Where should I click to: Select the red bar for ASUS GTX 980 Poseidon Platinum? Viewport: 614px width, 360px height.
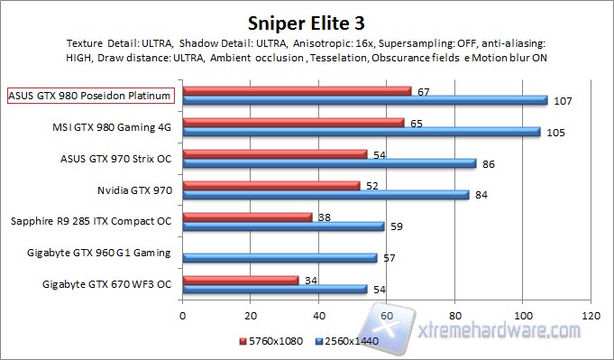(297, 90)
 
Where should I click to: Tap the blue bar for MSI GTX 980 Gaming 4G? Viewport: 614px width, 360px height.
(361, 132)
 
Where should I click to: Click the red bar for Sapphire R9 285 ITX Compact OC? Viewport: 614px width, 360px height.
(247, 217)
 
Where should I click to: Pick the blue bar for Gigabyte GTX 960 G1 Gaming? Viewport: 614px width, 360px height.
(280, 258)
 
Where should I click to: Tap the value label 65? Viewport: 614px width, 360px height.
(416, 122)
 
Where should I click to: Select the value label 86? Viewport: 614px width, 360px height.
(488, 163)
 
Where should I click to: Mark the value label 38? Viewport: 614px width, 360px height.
(324, 217)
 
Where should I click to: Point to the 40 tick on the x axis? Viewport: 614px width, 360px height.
(318, 317)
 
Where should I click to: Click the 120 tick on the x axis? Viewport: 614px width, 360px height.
(591, 317)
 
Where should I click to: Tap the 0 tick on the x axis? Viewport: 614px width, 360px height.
(183, 317)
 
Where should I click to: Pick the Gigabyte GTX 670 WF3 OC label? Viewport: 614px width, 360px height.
(106, 284)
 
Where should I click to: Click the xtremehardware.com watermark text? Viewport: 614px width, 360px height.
(502, 337)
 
